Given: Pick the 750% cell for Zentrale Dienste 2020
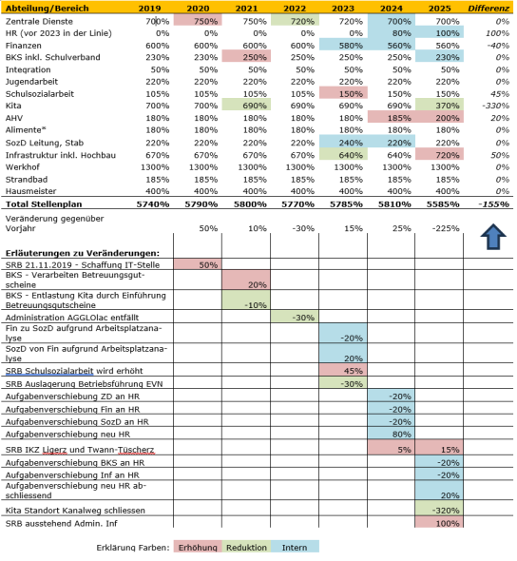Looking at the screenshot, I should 204,20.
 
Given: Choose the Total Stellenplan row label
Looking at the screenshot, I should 45,204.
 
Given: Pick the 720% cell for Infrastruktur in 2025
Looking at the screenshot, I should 443,154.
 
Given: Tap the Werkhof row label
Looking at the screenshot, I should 24,165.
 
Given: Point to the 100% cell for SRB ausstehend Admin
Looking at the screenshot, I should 443,524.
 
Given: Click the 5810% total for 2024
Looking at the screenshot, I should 394,204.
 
